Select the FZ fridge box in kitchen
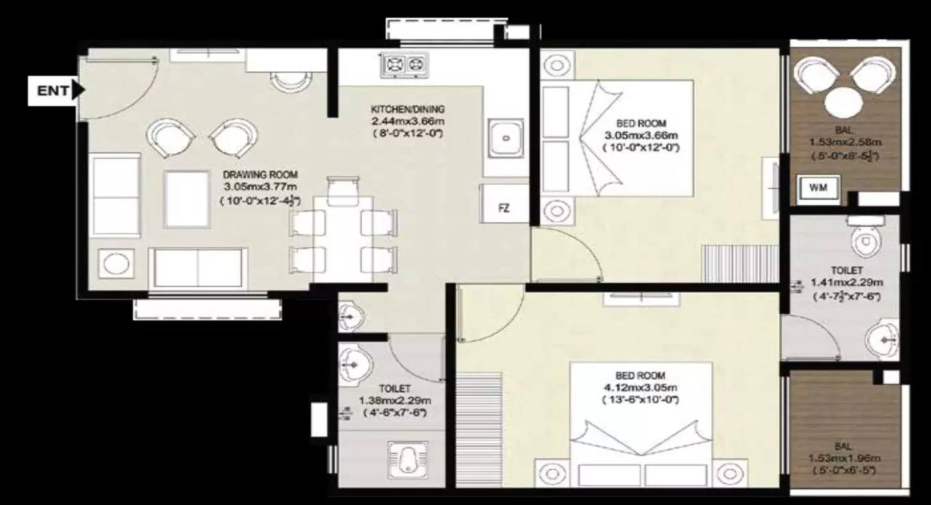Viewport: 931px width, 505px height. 505,207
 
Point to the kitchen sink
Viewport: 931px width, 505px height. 505,138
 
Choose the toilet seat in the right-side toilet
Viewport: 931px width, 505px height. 866,239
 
